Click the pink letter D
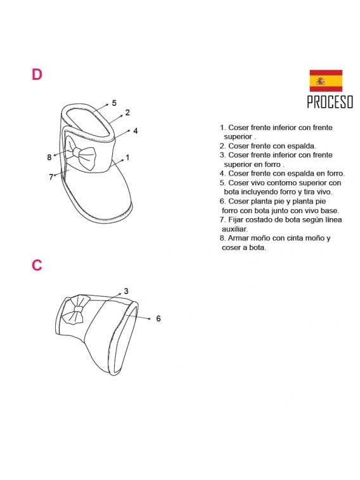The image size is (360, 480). tap(37, 75)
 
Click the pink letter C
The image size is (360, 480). tap(37, 265)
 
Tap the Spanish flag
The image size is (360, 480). tap(326, 81)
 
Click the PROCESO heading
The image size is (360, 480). tap(330, 102)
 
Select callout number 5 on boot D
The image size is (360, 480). tap(114, 103)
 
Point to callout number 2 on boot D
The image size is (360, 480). tap(127, 113)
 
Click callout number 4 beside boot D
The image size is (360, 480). tap(136, 131)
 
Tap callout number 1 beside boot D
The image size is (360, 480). tap(127, 157)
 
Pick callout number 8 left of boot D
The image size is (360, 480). tap(49, 157)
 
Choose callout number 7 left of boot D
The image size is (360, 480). tap(51, 178)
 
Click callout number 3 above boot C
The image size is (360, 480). tap(126, 291)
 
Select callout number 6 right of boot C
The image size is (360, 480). tap(158, 318)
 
